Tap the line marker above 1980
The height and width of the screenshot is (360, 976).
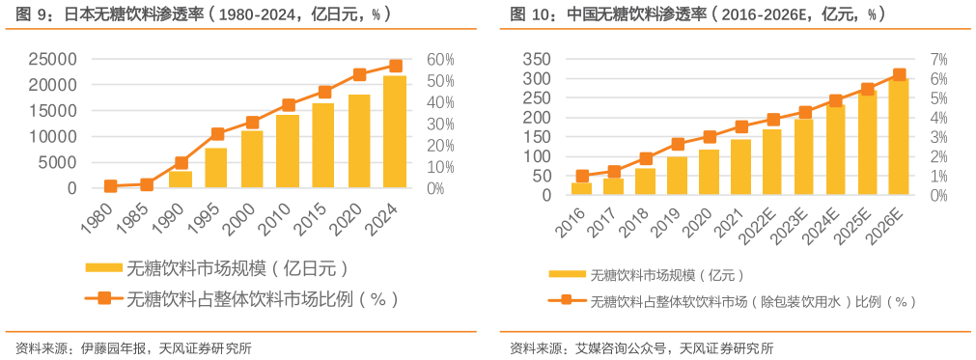click(x=110, y=186)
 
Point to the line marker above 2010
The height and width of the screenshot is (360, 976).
click(x=288, y=105)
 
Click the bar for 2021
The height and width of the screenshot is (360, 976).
click(x=740, y=167)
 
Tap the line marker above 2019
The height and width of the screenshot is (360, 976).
click(x=678, y=144)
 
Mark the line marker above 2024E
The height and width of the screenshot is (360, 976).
click(x=836, y=100)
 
